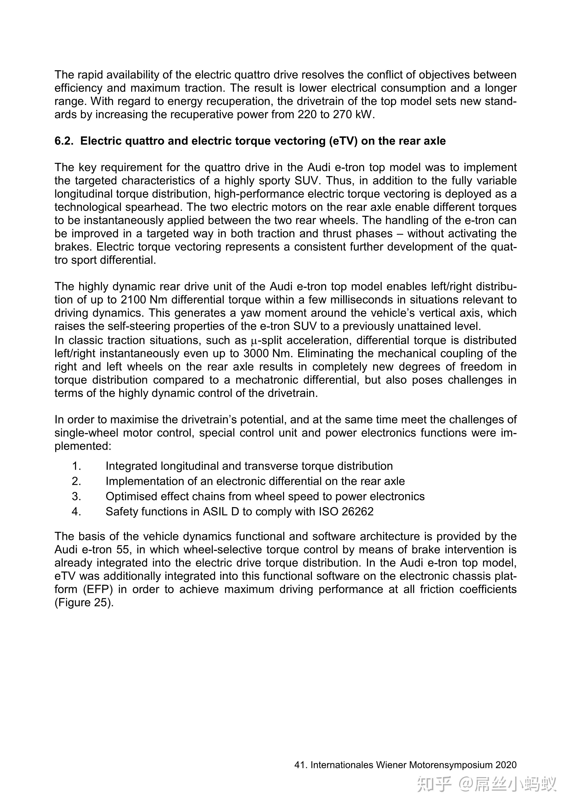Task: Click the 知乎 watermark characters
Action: tap(434, 784)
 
